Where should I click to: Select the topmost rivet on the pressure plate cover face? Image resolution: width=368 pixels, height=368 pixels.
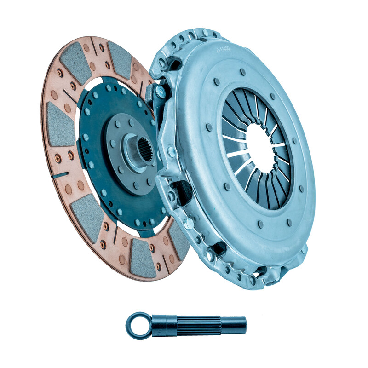click(x=242, y=72)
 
